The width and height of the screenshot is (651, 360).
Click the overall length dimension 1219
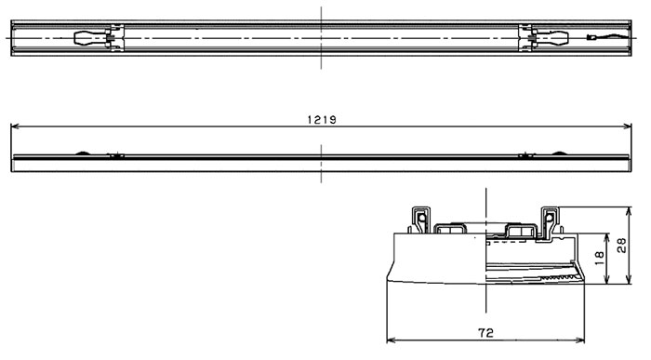(322, 120)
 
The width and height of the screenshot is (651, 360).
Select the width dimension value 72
(485, 333)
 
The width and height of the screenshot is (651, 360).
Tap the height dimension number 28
(621, 245)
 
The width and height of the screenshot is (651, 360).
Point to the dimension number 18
(599, 259)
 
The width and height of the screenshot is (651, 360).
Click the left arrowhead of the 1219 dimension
(15, 127)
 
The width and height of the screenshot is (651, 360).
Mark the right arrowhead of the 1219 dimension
(627, 127)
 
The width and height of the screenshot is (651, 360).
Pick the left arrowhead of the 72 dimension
(391, 340)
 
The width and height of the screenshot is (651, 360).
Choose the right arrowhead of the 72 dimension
(580, 340)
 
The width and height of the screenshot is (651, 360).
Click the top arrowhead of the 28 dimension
(629, 211)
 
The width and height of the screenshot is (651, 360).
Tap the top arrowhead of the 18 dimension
(607, 238)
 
